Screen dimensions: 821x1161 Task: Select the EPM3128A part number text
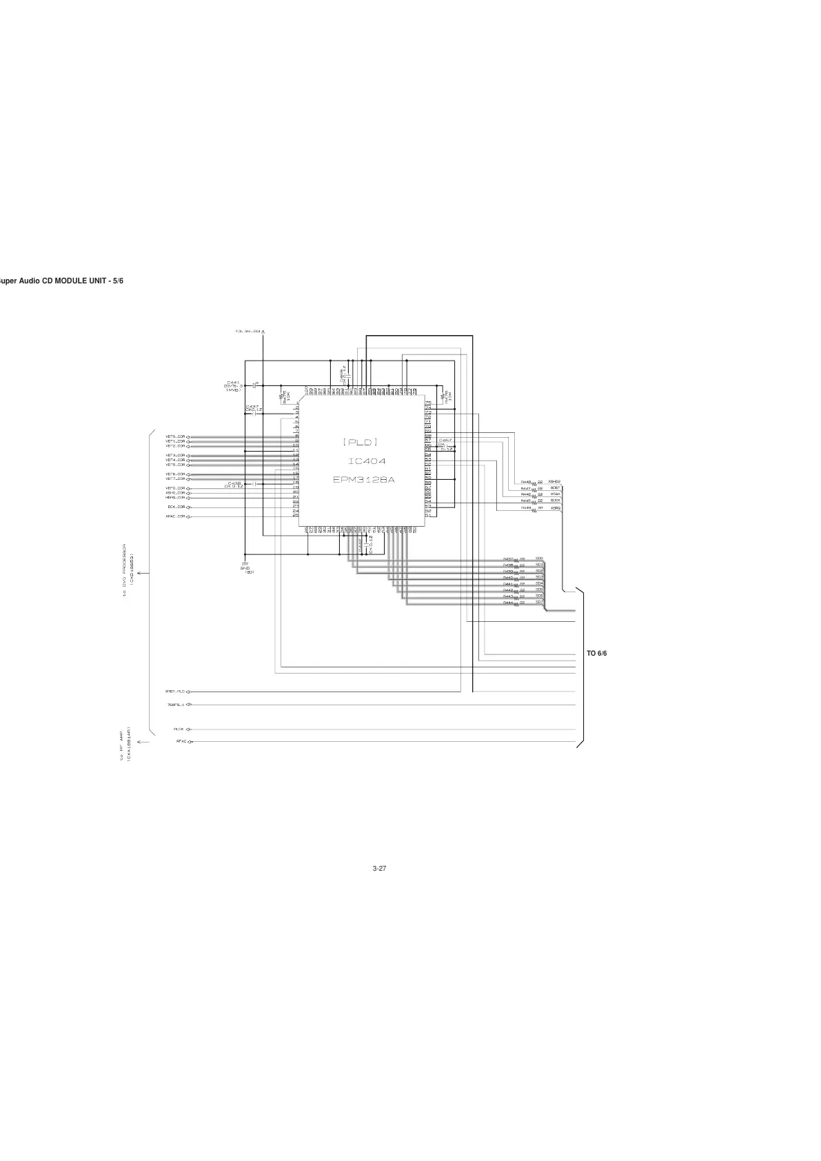tap(364, 479)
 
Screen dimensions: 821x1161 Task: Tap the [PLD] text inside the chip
tap(361, 441)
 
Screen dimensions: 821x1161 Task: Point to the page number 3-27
tap(379, 868)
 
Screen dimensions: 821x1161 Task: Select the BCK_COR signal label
tap(176, 507)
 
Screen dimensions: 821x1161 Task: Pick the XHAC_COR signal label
tap(175, 516)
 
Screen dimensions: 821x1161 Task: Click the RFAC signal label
tap(181, 742)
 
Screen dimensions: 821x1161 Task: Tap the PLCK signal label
tap(179, 729)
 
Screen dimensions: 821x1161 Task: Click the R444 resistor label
tap(507, 603)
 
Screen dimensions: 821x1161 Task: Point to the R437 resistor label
tap(507, 559)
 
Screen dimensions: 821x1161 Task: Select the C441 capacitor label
tap(233, 383)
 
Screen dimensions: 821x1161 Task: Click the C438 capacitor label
tap(234, 483)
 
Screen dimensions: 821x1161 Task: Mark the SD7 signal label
tap(540, 602)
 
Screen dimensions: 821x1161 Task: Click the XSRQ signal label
tap(555, 508)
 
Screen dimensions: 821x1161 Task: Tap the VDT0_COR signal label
tap(175, 436)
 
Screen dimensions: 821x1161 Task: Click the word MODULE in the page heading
tap(66, 281)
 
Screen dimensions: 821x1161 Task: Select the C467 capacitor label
tap(445, 440)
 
